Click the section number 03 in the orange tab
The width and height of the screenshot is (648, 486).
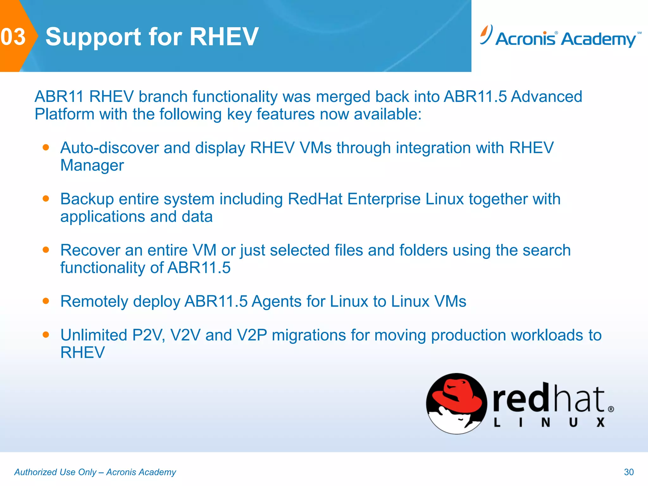tap(13, 37)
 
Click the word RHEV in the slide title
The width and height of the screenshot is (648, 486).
tap(224, 37)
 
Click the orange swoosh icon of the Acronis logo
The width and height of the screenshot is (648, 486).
tap(485, 34)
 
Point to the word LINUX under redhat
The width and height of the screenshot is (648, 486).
tap(549, 423)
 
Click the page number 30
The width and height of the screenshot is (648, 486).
tap(628, 472)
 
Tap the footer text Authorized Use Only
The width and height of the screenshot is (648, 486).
tap(55, 472)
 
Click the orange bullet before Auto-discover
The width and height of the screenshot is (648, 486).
tap(46, 147)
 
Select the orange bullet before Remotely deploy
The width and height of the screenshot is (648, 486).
tap(46, 301)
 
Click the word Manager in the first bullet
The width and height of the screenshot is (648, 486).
tap(92, 165)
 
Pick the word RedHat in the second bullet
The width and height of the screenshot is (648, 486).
tap(315, 199)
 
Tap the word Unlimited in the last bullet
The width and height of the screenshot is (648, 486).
tap(94, 335)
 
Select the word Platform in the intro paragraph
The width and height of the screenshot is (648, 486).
tap(64, 114)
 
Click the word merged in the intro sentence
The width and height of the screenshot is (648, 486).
tap(343, 97)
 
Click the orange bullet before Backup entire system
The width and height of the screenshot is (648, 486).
tap(46, 199)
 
